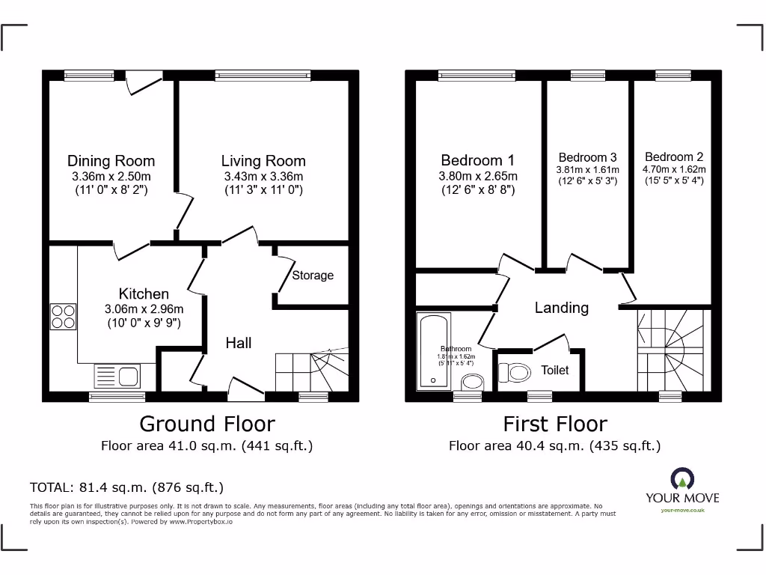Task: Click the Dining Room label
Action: (111, 161)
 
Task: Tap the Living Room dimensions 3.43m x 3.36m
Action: (263, 176)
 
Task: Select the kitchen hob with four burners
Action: (63, 317)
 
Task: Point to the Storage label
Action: (313, 276)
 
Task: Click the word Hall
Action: (239, 344)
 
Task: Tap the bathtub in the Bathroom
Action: (433, 352)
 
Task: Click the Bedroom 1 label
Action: (477, 160)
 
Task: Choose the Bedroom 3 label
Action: (587, 157)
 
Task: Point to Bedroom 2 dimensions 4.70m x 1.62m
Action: (674, 169)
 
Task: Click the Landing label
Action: (561, 308)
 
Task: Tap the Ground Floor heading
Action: (207, 424)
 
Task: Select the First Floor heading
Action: (555, 424)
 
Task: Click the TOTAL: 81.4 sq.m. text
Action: (126, 487)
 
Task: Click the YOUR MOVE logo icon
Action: (681, 479)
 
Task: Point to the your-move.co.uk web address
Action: (682, 511)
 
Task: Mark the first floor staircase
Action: (672, 349)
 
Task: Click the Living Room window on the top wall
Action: (263, 75)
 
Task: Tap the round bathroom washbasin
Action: (472, 383)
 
